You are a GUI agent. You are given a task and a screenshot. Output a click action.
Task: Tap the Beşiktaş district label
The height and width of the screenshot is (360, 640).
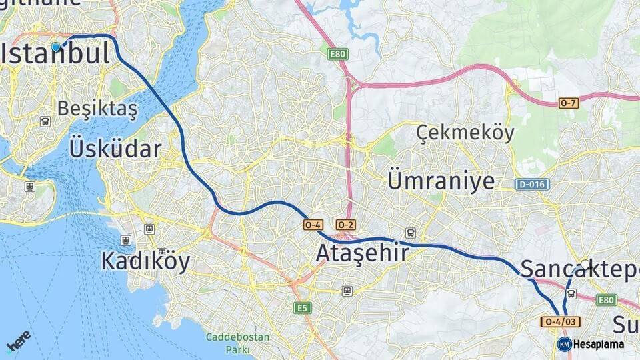(x=97, y=108)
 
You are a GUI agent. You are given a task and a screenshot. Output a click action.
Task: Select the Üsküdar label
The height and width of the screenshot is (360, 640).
(x=115, y=148)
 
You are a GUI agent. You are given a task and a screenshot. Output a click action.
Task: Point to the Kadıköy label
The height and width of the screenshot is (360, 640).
(x=145, y=261)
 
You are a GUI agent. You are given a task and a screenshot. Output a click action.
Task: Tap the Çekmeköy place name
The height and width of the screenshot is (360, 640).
(x=465, y=133)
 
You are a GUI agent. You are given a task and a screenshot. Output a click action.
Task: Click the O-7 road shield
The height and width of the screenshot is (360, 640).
(x=569, y=103)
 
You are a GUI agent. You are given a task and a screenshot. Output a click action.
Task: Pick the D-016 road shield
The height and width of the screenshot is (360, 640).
(x=532, y=183)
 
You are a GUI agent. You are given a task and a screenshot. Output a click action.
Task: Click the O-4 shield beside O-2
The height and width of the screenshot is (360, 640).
(x=313, y=225)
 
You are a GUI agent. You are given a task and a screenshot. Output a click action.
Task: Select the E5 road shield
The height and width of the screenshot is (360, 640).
(x=302, y=307)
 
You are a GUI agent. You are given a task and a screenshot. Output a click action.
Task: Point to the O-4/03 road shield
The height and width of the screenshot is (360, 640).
(x=561, y=322)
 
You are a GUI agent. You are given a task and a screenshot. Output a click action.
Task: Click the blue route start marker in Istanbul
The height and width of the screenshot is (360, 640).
(x=56, y=47)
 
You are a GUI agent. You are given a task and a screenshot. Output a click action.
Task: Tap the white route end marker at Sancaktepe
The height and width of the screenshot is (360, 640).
(x=585, y=265)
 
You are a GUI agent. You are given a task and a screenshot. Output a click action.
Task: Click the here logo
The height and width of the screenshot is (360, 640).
(x=18, y=341)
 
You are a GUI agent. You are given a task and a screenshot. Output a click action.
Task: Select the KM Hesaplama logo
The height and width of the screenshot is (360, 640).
(x=591, y=344)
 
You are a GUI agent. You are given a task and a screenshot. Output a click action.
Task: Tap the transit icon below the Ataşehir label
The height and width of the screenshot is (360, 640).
(x=347, y=291)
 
